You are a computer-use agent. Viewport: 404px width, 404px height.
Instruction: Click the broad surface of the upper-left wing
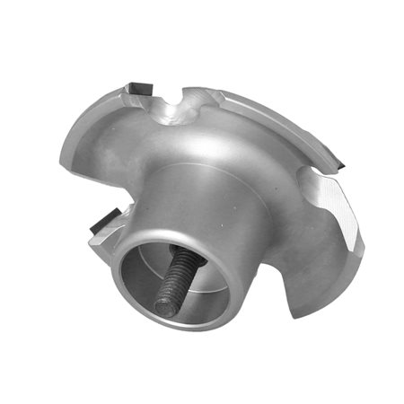coord(108,135)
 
